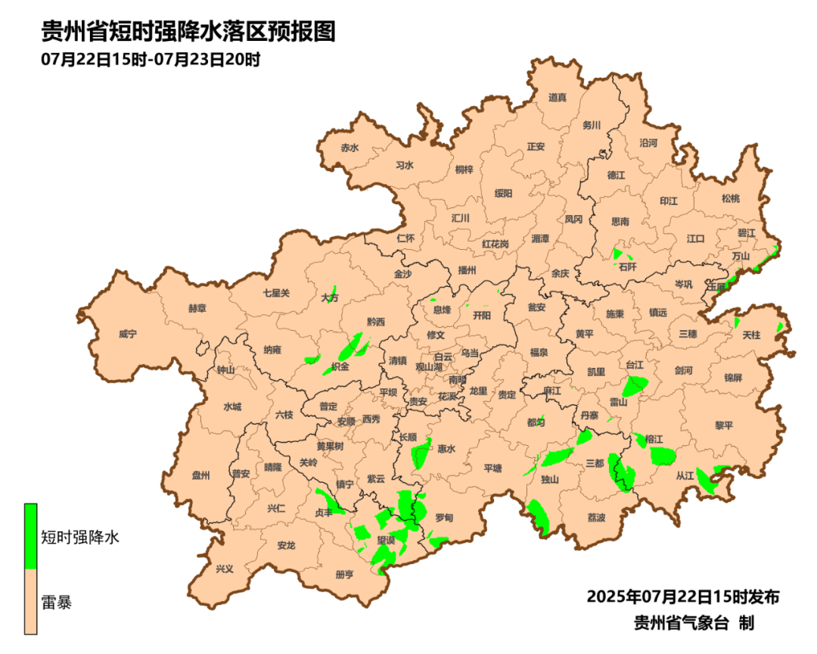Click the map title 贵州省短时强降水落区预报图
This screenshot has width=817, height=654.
click(188, 32)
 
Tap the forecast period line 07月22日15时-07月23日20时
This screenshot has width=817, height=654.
click(151, 59)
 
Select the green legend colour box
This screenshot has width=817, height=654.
click(31, 536)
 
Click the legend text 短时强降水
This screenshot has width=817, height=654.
click(79, 537)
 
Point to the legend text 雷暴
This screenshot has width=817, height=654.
click(57, 603)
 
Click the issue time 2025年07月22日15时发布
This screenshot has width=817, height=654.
click(682, 596)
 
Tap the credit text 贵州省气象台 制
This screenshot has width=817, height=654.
click(694, 623)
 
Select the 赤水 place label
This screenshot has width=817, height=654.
click(349, 148)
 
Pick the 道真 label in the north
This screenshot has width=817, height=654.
click(558, 97)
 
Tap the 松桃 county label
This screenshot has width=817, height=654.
click(730, 198)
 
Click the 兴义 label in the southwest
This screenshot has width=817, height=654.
click(225, 568)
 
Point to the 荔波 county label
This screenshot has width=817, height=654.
click(596, 518)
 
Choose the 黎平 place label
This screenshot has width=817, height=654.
click(724, 425)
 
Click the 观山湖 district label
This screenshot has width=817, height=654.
click(430, 366)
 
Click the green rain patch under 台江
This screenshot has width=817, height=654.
click(635, 385)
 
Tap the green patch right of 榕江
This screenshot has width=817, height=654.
click(663, 456)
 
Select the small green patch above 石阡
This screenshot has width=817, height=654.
click(618, 254)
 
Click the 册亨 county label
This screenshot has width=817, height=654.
click(344, 575)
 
